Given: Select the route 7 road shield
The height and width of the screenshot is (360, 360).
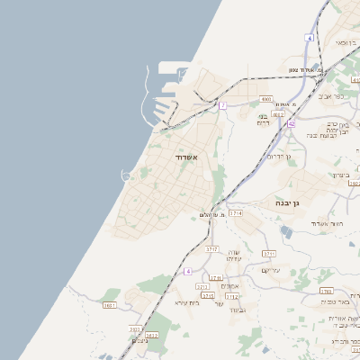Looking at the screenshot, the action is point(221,105).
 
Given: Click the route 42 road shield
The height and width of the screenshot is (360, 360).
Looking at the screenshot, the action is point(291,122).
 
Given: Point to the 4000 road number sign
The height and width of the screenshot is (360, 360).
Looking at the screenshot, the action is point(265,98).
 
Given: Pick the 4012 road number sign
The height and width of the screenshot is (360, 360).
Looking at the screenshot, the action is point(278,114).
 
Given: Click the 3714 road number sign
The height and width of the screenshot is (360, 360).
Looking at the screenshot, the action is point(236,213).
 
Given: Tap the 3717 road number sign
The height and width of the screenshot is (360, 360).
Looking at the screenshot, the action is point(212,248).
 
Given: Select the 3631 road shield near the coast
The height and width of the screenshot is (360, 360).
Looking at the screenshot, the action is point(110,305).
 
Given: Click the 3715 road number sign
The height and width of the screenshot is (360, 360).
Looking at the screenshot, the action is point(208,295).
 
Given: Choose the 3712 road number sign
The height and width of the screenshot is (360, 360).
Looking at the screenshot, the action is point(231,295).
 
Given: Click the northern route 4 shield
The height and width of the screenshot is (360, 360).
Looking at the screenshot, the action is point(309,38).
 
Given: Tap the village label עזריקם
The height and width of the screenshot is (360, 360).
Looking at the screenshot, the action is point(271,270).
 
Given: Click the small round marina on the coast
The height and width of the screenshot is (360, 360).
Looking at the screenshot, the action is point(124,175).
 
